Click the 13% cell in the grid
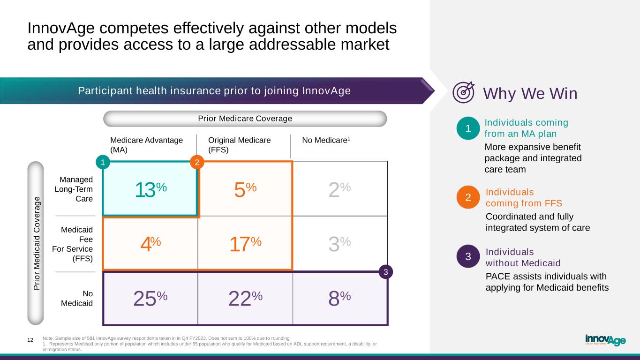pyautogui.click(x=151, y=189)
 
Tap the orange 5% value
pyautogui.click(x=245, y=189)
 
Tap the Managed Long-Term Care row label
pyautogui.click(x=74, y=189)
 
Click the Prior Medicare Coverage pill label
pyautogui.click(x=245, y=119)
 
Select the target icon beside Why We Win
pyautogui.click(x=463, y=92)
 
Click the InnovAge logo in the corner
pyautogui.click(x=605, y=340)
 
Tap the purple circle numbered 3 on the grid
pyautogui.click(x=385, y=272)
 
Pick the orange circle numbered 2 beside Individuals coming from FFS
pyautogui.click(x=467, y=198)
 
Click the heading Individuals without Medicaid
pyautogui.click(x=523, y=257)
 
